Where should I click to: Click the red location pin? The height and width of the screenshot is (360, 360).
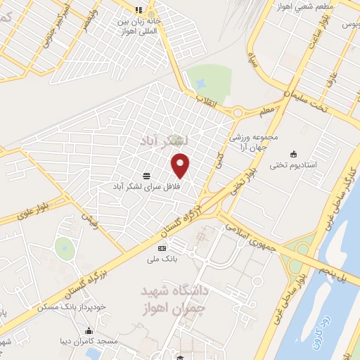click(181, 165)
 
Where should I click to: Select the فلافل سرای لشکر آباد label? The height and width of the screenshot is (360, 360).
click(147, 186)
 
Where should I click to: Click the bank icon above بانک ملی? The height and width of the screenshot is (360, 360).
click(162, 248)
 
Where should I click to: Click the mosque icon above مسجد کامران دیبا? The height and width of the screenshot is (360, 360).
click(89, 331)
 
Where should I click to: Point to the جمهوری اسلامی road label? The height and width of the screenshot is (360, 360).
click(245, 232)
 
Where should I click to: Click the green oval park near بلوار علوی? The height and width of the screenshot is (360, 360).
click(65, 247)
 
